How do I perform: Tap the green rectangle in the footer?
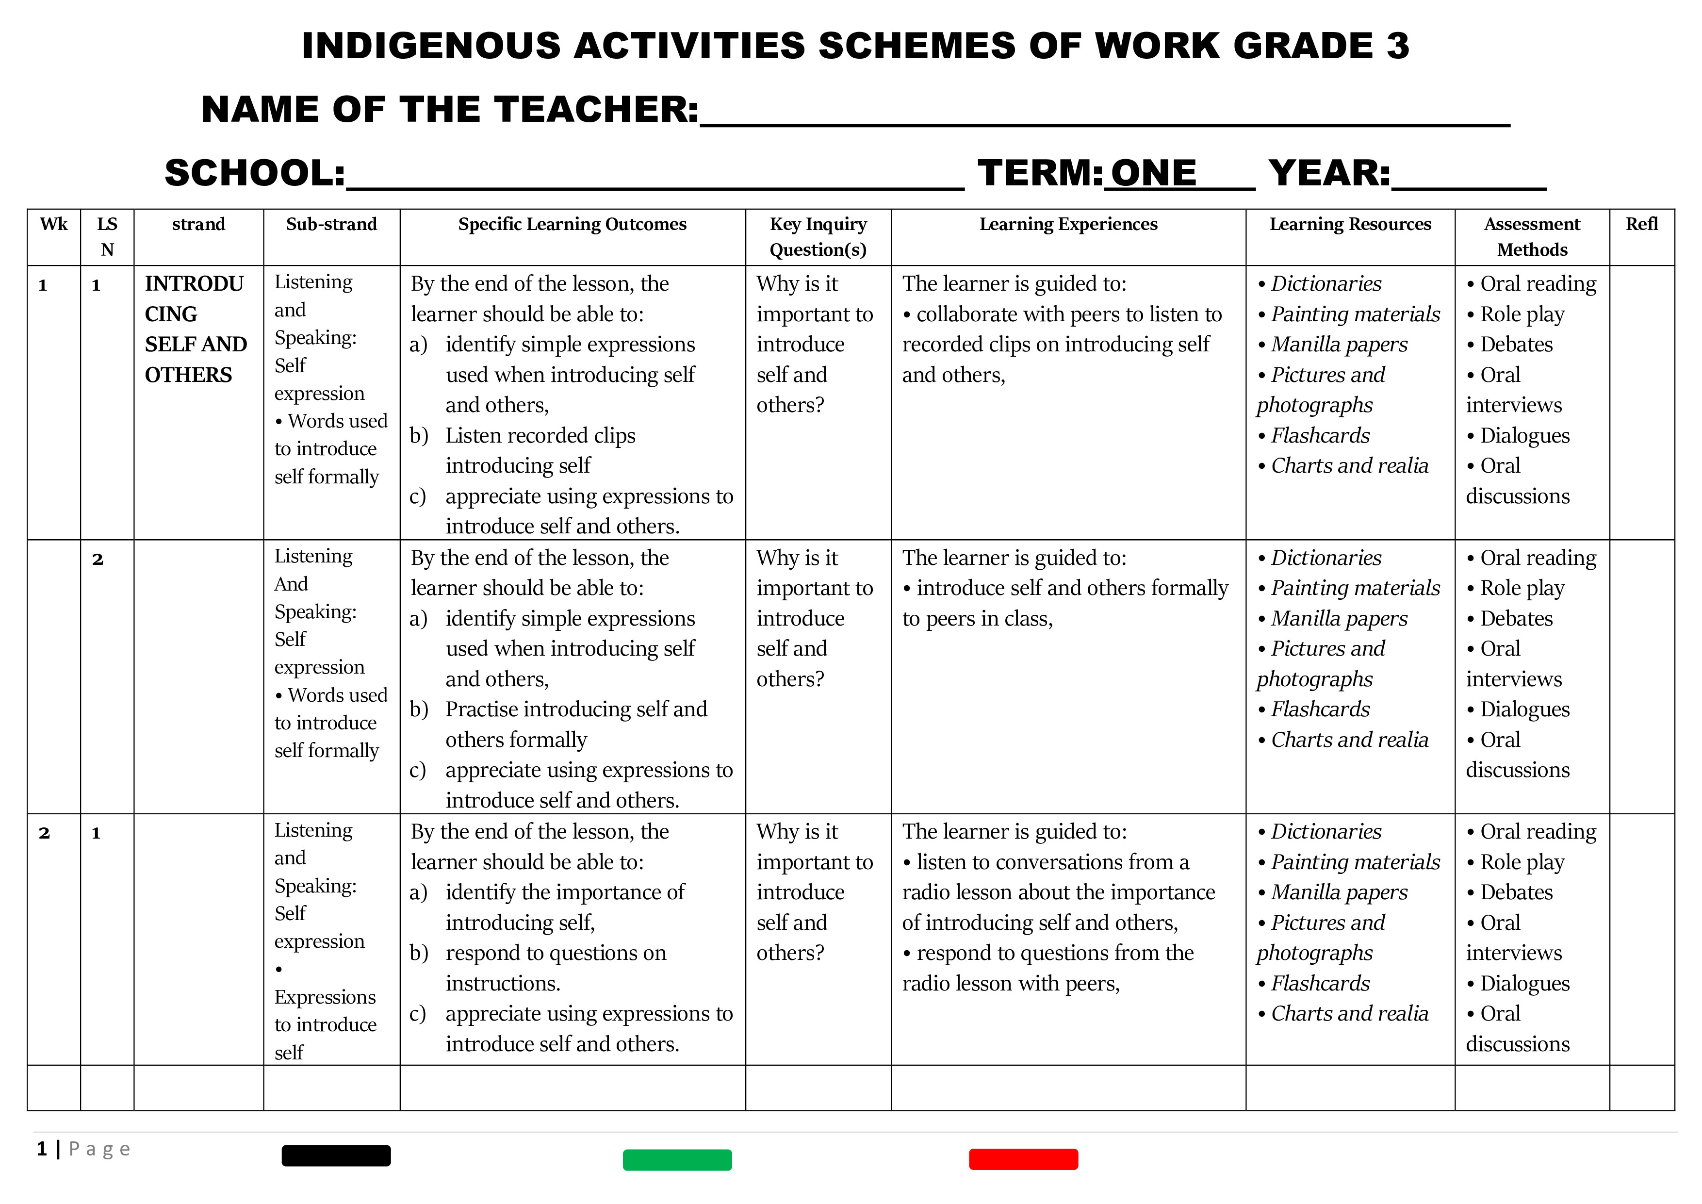tap(677, 1159)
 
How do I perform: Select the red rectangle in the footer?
tap(1023, 1159)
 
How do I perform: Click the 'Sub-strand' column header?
tap(331, 224)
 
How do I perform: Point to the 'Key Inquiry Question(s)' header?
tap(818, 236)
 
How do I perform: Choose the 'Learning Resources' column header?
tap(1350, 224)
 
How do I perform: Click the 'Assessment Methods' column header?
tap(1532, 236)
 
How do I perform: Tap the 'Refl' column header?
tap(1641, 224)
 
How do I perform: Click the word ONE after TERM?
tap(1153, 173)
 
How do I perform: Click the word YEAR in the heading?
tap(1328, 173)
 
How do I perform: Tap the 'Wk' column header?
tap(53, 224)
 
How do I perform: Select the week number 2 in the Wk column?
tap(45, 833)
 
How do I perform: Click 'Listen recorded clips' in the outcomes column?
tap(540, 435)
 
